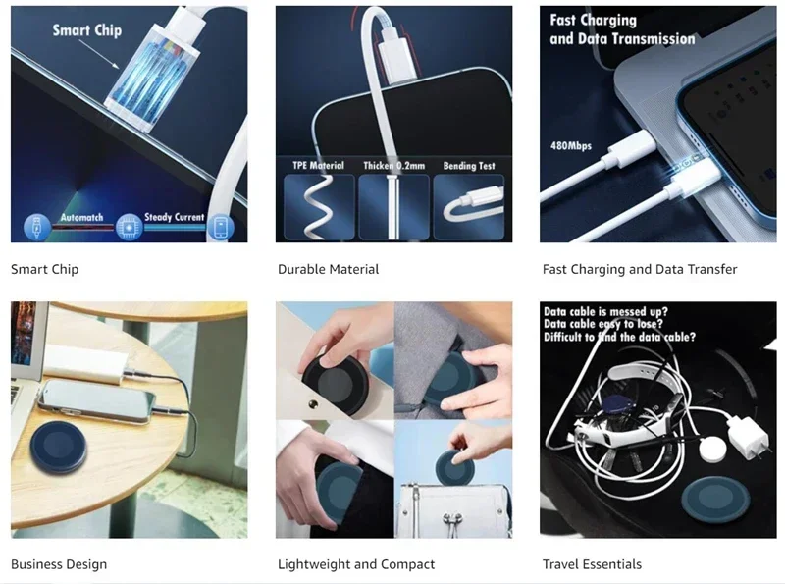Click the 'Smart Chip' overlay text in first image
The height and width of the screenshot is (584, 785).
tap(86, 30)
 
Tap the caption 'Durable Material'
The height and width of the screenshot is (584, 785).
tap(328, 269)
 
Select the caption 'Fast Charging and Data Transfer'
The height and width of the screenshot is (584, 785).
tap(640, 269)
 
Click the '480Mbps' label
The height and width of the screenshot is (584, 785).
tap(571, 146)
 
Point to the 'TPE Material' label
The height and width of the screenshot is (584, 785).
tap(318, 165)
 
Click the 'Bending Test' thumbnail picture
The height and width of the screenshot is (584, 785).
tap(469, 205)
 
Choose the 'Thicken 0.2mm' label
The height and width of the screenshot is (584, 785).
tap(393, 165)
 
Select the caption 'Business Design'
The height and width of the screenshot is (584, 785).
tap(59, 564)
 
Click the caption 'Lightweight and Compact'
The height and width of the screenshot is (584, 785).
tap(356, 564)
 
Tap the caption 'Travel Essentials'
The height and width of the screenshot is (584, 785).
tap(592, 564)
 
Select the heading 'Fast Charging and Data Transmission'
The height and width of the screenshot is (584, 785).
tap(622, 29)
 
